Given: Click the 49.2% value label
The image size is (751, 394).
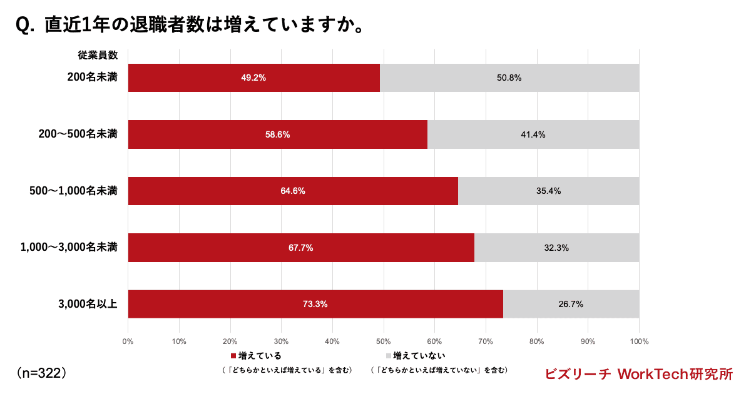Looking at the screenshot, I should (253, 78).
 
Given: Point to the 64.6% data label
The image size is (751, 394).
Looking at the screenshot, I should (293, 191).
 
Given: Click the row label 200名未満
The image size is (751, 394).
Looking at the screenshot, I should (93, 78).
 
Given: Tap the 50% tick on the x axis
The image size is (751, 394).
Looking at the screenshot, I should (383, 341).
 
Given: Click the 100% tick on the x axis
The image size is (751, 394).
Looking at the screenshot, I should (638, 341).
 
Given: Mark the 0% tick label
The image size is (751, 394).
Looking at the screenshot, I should (128, 341).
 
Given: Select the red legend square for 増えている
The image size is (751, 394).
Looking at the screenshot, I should (233, 356).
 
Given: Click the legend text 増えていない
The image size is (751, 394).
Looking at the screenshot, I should (419, 356).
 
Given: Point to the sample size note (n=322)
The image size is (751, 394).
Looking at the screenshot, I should (41, 373).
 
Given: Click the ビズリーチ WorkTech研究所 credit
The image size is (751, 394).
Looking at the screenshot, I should (638, 374).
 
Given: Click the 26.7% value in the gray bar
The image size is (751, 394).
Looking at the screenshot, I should (571, 305).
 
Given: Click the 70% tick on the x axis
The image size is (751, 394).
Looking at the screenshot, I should (486, 341).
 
